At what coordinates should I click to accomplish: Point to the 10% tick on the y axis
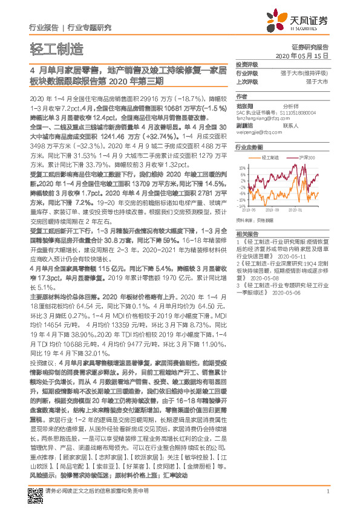pyautogui.click(x=242, y=167)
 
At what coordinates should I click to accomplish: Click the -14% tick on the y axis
pyautogui.click(x=241, y=206)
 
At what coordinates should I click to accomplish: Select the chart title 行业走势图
pyautogui.click(x=249, y=147)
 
